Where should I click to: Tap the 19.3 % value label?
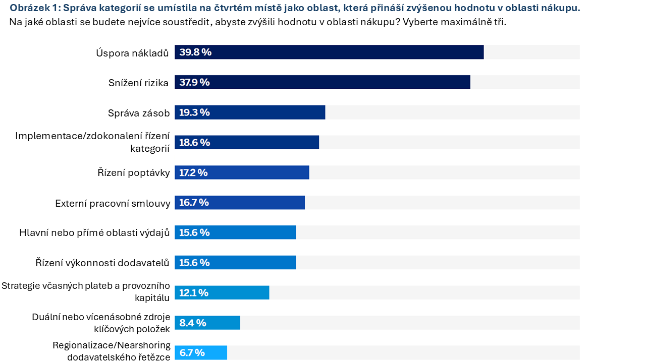pyautogui.click(x=194, y=112)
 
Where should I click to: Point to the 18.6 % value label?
pyautogui.click(x=194, y=143)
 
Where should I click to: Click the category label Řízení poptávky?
pyautogui.click(x=134, y=172)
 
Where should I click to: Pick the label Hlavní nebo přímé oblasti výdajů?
pyautogui.click(x=94, y=232)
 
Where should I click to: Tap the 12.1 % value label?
pyautogui.click(x=194, y=293)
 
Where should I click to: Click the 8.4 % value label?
pyautogui.click(x=193, y=323)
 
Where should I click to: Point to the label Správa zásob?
pyautogui.click(x=139, y=113)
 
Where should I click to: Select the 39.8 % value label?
pyautogui.click(x=195, y=52)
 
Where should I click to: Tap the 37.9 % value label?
pyautogui.click(x=194, y=83)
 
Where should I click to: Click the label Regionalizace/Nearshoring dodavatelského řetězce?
pyautogui.click(x=112, y=351)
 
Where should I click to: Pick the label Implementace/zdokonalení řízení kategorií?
pyautogui.click(x=92, y=142)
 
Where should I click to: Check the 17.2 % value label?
pyautogui.click(x=193, y=173)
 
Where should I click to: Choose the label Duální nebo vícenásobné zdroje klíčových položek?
pyautogui.click(x=101, y=323)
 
